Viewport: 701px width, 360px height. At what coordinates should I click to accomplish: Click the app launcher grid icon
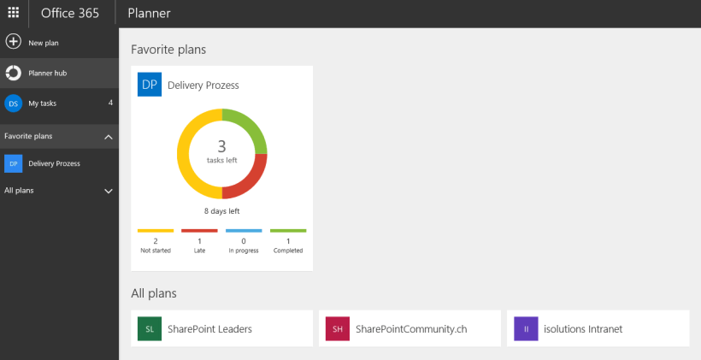click(x=14, y=13)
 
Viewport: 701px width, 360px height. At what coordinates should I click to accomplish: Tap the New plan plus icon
click(x=14, y=42)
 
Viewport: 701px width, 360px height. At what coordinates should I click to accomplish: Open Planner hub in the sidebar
click(x=48, y=74)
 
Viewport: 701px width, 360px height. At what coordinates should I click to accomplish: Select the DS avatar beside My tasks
click(x=14, y=103)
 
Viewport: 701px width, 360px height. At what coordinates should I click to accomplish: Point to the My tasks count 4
click(x=110, y=103)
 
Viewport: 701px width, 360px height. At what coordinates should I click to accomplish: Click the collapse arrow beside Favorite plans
click(x=109, y=137)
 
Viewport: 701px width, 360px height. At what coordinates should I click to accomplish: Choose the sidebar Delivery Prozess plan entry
click(x=54, y=163)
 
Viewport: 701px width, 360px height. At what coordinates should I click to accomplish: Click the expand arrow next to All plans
click(x=109, y=191)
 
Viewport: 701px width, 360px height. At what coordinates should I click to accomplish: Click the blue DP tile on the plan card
click(x=150, y=85)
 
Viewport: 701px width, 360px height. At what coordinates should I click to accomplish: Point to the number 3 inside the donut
click(x=222, y=146)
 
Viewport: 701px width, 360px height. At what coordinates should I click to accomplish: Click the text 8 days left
click(x=221, y=210)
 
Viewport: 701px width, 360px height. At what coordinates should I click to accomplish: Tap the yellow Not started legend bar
click(x=156, y=231)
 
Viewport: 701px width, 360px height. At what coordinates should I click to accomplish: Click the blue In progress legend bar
click(x=244, y=231)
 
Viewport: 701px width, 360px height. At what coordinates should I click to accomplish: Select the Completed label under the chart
click(x=288, y=251)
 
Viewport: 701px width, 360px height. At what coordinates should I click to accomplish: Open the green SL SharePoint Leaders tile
click(x=150, y=328)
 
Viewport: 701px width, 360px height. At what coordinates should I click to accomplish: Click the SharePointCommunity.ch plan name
click(x=411, y=328)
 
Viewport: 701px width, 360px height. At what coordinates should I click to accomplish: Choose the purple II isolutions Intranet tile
click(x=526, y=328)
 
